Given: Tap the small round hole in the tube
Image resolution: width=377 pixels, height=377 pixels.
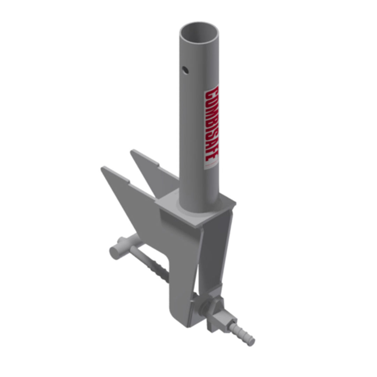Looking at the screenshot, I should pos(185,70).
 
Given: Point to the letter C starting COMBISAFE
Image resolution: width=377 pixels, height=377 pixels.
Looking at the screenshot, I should pos(212,93).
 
